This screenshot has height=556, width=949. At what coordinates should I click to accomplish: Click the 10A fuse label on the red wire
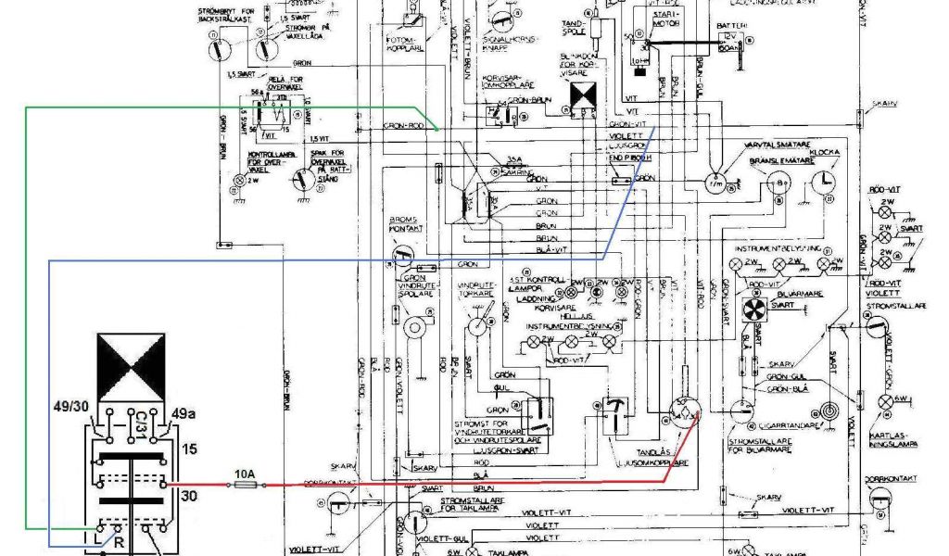(245, 473)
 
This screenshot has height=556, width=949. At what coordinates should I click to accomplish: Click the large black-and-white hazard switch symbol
(131, 368)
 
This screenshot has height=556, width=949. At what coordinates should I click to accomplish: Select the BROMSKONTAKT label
(404, 226)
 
